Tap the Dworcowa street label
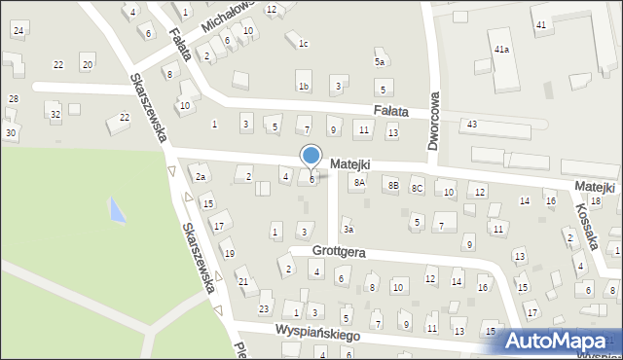click(x=434, y=122)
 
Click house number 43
click(x=471, y=124)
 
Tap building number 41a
click(x=501, y=49)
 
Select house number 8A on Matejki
click(x=359, y=182)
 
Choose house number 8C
click(x=417, y=187)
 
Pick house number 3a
click(x=348, y=230)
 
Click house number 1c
click(x=303, y=43)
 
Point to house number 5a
click(x=381, y=61)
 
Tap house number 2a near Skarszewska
click(x=200, y=177)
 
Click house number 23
click(x=263, y=308)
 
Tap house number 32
click(x=55, y=115)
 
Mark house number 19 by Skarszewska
click(x=229, y=254)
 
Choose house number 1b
click(x=304, y=87)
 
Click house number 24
click(x=18, y=31)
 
